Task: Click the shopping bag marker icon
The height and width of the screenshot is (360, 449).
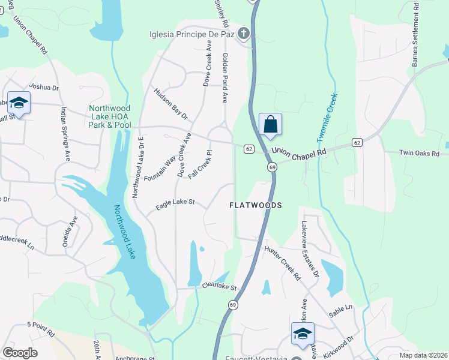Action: click(x=271, y=124)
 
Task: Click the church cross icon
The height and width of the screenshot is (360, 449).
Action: click(x=244, y=34)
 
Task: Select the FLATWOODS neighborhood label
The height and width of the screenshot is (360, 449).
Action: click(x=256, y=205)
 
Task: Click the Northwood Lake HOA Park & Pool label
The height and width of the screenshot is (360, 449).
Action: click(x=110, y=116)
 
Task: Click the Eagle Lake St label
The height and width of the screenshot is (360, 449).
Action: click(x=175, y=204)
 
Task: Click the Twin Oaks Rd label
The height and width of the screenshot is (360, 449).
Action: click(x=423, y=154)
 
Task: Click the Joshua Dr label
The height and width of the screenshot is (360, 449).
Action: click(x=44, y=87)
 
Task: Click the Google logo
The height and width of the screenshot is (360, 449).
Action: click(x=20, y=353)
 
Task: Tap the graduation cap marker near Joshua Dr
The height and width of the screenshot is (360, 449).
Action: click(x=19, y=103)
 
